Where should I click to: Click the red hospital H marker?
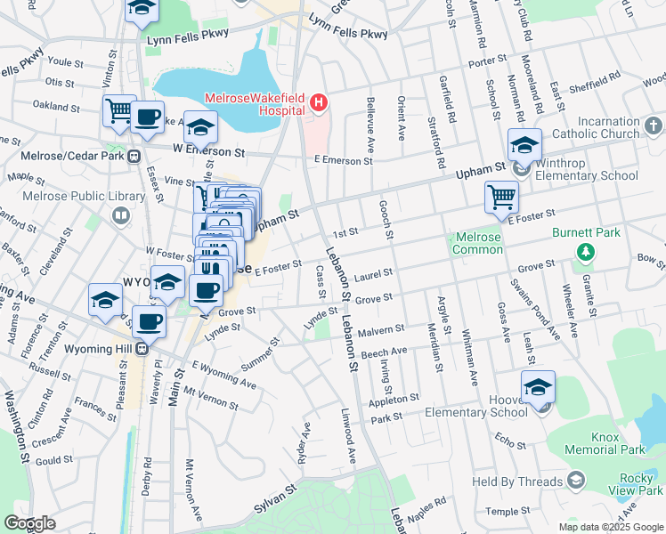[319, 106]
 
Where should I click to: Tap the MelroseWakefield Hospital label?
[255, 104]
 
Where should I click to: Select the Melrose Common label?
[478, 244]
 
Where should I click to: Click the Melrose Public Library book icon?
[120, 214]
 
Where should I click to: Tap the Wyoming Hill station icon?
[141, 348]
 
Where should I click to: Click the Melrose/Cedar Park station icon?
[134, 156]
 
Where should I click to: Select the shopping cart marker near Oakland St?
[119, 110]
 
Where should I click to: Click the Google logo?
[30, 523]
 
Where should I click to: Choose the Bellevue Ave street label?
[368, 122]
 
